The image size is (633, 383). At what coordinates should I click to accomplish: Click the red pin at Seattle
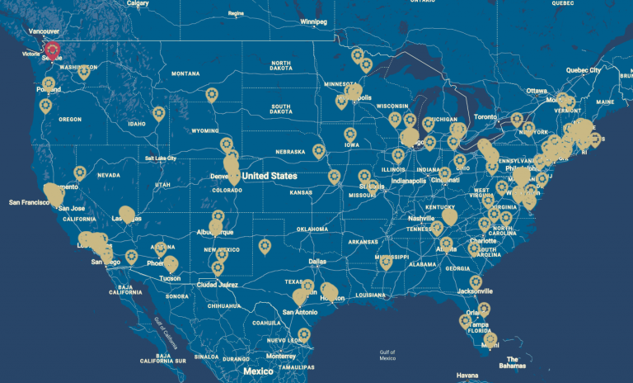click(53, 50)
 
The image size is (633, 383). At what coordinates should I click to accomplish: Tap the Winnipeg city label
click(313, 21)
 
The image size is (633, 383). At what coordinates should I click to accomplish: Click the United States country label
click(270, 176)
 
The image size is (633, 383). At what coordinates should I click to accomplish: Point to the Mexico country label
click(258, 371)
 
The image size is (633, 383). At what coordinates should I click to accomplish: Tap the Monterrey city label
click(281, 356)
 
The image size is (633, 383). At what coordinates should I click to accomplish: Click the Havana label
click(467, 376)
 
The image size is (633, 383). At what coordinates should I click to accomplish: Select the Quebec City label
click(583, 71)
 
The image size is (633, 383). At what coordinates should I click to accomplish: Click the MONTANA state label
click(185, 73)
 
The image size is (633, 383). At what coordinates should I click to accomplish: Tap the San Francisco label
click(30, 201)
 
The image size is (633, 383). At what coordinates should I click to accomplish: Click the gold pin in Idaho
click(158, 113)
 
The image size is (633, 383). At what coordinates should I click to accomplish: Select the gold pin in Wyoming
click(212, 95)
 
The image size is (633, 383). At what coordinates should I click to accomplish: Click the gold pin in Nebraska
click(319, 151)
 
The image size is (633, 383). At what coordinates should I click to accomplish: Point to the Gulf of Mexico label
click(387, 355)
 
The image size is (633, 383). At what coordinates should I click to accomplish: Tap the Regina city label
click(237, 14)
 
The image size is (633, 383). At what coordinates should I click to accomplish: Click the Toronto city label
click(486, 117)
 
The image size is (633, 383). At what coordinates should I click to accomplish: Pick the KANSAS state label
click(300, 191)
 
